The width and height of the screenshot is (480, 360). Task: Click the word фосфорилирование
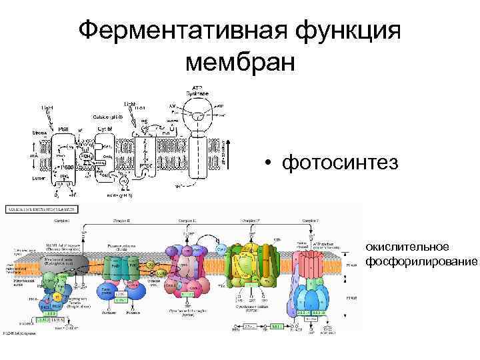pyautogui.click(x=421, y=261)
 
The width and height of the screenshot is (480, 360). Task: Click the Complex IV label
pyautogui.click(x=251, y=219)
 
